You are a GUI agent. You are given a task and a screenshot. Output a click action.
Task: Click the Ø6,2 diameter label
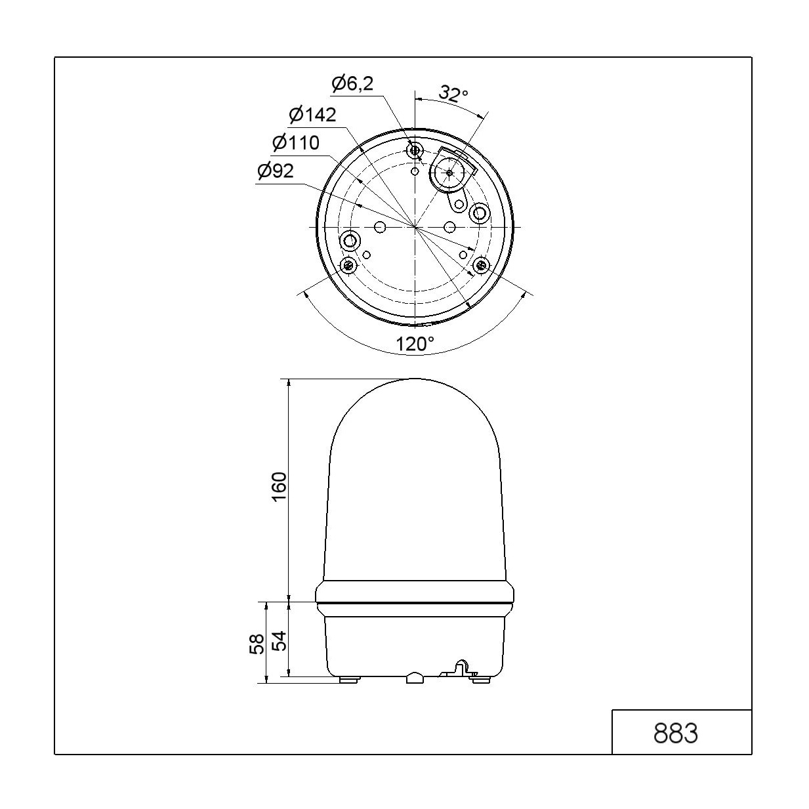click(x=352, y=84)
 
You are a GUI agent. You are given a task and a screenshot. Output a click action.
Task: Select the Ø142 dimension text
click(x=313, y=114)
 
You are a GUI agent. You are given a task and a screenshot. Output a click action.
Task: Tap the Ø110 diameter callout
click(x=296, y=143)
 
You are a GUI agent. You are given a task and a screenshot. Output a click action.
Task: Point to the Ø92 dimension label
click(x=276, y=171)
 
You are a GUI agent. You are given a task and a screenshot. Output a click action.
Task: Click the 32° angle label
click(x=453, y=93)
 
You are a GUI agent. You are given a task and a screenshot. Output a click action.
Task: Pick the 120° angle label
click(x=415, y=344)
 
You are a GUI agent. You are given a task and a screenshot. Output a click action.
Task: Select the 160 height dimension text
click(x=280, y=486)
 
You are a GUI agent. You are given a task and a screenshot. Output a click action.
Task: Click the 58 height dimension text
click(x=257, y=644)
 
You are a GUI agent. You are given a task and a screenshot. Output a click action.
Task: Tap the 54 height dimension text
click(x=280, y=640)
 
